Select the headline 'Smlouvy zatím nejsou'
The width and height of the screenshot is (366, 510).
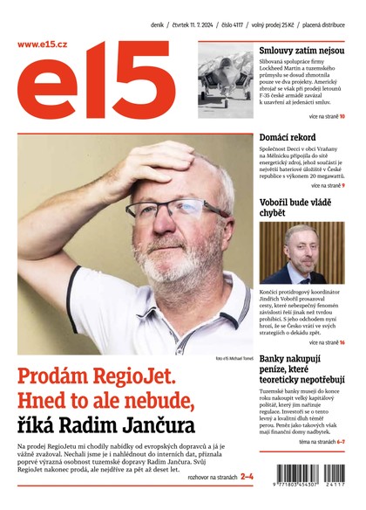301,51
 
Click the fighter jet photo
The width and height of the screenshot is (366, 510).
225,80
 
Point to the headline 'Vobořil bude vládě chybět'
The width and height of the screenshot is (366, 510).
295,207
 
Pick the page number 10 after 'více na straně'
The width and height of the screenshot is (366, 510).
342,115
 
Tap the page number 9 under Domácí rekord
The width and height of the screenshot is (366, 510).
343,185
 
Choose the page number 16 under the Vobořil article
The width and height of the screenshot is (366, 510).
342,342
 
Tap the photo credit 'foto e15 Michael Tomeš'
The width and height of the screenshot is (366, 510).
232,358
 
